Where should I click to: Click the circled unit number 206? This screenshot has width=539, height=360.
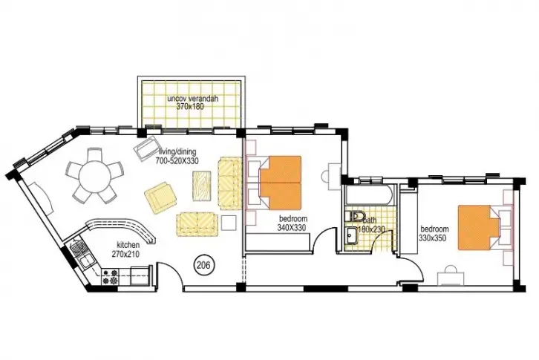tap(204, 265)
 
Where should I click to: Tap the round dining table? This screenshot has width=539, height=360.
tap(94, 175)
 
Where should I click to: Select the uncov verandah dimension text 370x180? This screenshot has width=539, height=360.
tap(190, 107)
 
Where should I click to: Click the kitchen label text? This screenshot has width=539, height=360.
tap(128, 245)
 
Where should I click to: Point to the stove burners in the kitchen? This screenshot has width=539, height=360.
tap(111, 277)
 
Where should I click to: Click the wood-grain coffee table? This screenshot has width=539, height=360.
tap(203, 186)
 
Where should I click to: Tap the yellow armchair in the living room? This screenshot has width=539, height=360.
tap(160, 197)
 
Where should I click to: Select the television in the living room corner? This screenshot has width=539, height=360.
tap(146, 148)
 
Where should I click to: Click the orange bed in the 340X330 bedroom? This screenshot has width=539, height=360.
tap(280, 183)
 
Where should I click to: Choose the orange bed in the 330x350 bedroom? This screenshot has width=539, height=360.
tap(478, 227)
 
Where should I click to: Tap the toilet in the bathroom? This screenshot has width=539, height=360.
tap(355, 216)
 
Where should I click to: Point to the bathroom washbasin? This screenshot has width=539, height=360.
tap(351, 236)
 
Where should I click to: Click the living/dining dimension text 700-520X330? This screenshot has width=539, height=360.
tap(177, 160)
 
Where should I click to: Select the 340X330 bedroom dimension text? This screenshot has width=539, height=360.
tap(292, 227)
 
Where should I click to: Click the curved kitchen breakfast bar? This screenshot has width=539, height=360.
tap(120, 229)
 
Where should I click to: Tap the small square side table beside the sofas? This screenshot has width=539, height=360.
tap(229, 223)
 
